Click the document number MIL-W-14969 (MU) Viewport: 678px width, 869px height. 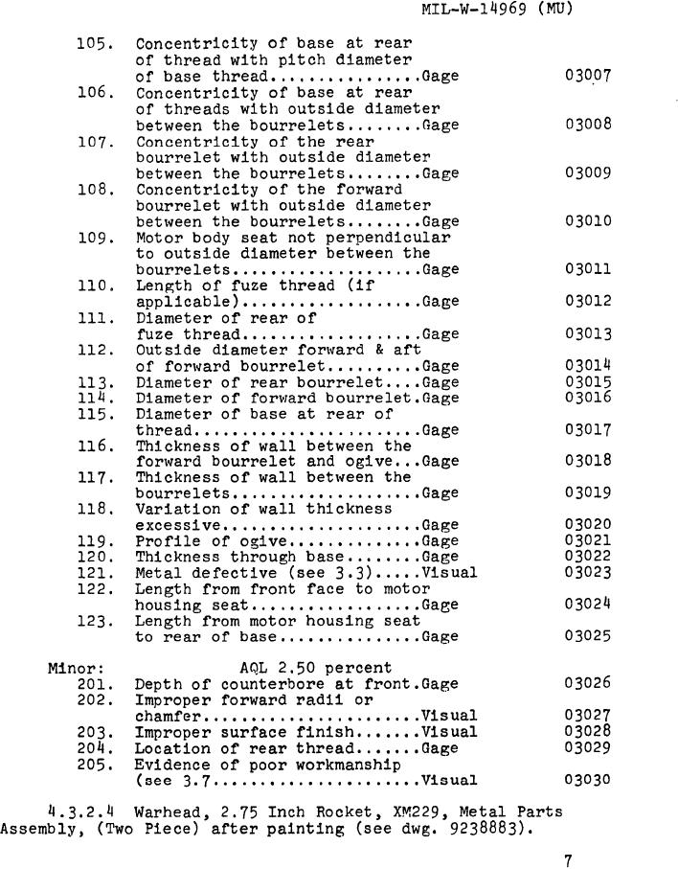(x=497, y=11)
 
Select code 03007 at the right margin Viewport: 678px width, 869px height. (x=587, y=76)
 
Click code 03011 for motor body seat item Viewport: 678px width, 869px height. (x=587, y=270)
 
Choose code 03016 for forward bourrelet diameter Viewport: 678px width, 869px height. (x=587, y=398)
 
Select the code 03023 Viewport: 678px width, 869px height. (x=587, y=573)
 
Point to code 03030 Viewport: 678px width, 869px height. (x=587, y=780)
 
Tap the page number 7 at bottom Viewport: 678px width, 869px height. (x=568, y=860)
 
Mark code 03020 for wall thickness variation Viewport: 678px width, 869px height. (x=587, y=525)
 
